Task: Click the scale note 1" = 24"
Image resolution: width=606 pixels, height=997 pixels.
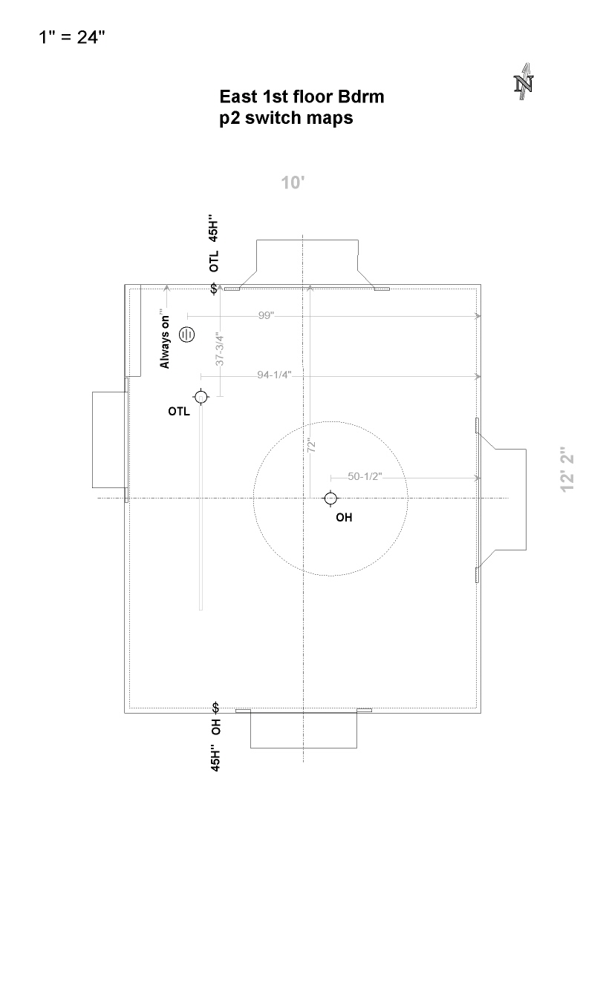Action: click(x=72, y=37)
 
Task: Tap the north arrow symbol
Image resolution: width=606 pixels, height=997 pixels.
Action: click(x=524, y=82)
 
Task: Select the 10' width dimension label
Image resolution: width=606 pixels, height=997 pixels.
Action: click(x=293, y=182)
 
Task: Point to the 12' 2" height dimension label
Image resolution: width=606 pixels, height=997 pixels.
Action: click(x=568, y=469)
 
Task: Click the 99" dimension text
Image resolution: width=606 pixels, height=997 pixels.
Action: click(x=267, y=315)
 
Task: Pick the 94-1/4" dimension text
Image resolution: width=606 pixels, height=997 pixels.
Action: click(x=274, y=375)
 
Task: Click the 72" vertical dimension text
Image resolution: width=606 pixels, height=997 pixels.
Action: click(x=312, y=446)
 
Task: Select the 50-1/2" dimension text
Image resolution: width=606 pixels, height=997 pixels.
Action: click(x=365, y=476)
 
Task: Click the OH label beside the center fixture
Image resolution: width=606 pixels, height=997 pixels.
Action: click(x=344, y=518)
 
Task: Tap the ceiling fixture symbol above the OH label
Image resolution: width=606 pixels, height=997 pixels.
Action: click(x=330, y=498)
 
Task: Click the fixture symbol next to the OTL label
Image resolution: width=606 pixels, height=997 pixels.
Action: click(x=201, y=398)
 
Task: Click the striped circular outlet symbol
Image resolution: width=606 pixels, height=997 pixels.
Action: click(x=187, y=334)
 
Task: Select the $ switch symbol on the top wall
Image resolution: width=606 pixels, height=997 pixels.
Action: click(x=215, y=288)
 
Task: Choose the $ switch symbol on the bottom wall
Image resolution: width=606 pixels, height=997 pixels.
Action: click(x=215, y=707)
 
